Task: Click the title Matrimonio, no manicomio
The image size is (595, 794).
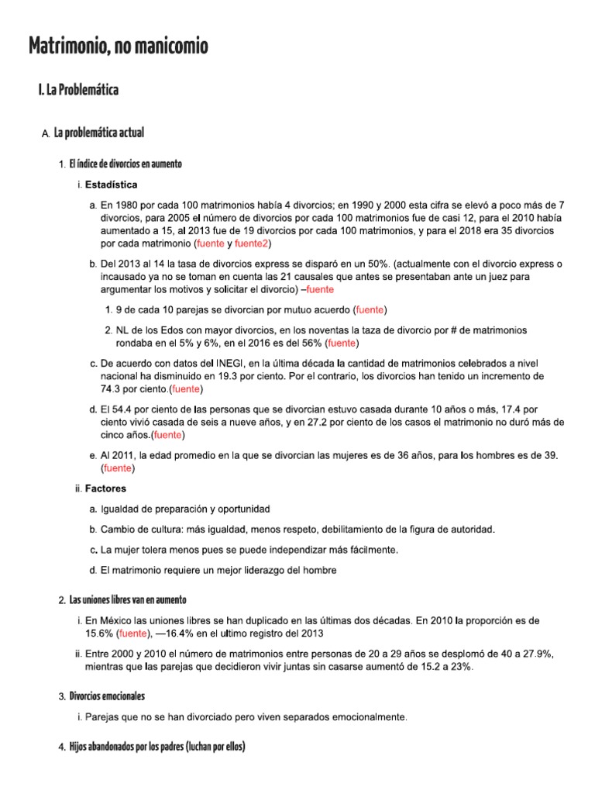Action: [x=119, y=47]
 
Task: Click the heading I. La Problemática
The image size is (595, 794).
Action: [x=78, y=91]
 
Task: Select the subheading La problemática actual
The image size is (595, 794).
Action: [x=98, y=134]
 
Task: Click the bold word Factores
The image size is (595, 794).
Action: [x=105, y=488]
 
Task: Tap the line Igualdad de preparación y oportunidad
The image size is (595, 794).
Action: [x=185, y=509]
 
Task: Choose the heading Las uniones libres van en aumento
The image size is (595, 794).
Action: [x=128, y=600]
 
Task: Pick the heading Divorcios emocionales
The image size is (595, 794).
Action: [x=107, y=696]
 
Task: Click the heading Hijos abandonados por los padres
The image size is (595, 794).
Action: [x=156, y=747]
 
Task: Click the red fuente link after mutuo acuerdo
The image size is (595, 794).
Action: [x=370, y=309]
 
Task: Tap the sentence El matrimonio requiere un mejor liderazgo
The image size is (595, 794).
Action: [x=219, y=571]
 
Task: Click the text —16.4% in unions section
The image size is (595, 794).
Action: [x=176, y=633]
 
